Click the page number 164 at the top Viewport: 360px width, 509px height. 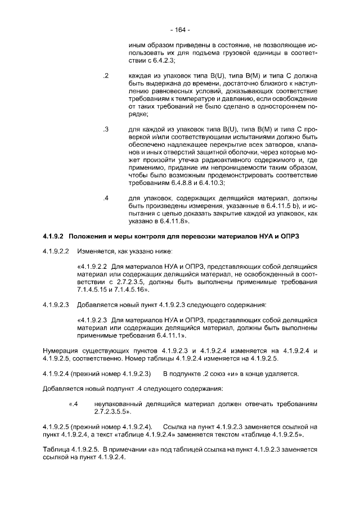tap(180, 29)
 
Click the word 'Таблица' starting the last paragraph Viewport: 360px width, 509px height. tap(56, 449)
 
